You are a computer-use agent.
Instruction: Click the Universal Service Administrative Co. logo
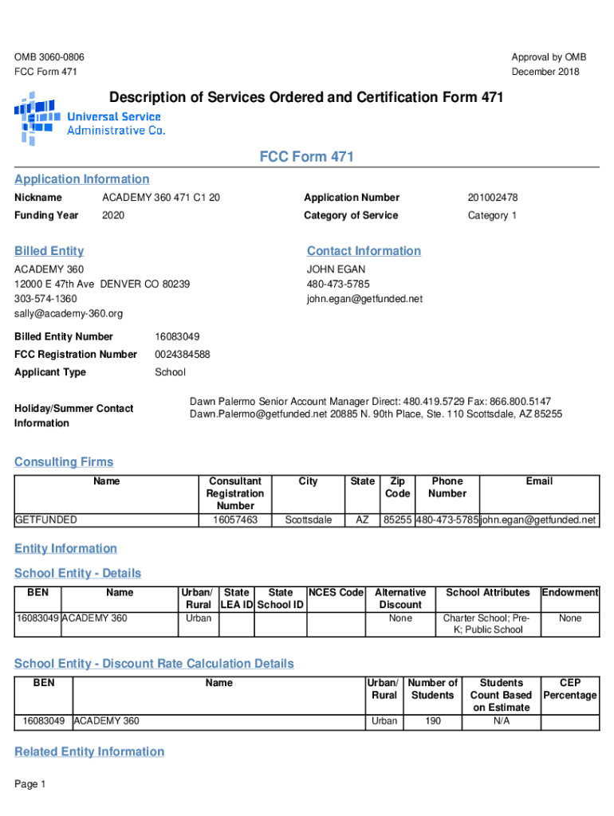click(x=89, y=118)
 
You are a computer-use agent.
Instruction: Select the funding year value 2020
click(x=113, y=216)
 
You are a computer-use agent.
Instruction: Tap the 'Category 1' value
click(x=492, y=216)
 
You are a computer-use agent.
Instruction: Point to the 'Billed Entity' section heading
click(x=49, y=251)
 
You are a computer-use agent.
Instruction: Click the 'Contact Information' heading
click(x=364, y=251)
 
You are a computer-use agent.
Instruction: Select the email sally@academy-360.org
click(x=69, y=314)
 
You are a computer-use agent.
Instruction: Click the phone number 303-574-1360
click(x=45, y=299)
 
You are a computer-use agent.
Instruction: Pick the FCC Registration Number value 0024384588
click(x=182, y=355)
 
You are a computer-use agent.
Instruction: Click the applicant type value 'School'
click(x=170, y=373)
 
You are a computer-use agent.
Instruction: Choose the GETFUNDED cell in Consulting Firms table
click(x=46, y=520)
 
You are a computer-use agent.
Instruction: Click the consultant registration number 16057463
click(x=235, y=520)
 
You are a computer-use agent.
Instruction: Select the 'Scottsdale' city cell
click(x=308, y=520)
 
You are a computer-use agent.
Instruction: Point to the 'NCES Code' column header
click(x=336, y=593)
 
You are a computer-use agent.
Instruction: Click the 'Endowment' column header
click(x=570, y=593)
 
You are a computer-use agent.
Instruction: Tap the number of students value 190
click(x=432, y=721)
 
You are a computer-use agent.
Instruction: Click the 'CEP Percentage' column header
click(x=570, y=689)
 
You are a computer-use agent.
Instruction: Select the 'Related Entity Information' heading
click(x=89, y=752)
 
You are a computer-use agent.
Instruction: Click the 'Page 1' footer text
click(x=30, y=785)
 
